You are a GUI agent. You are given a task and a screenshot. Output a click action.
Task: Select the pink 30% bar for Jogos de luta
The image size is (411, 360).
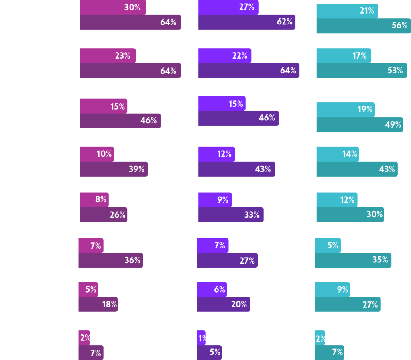click(113, 7)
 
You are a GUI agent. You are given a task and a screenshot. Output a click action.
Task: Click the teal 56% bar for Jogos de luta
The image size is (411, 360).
click(363, 26)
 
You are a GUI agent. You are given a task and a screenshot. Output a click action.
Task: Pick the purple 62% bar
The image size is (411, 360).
click(246, 22)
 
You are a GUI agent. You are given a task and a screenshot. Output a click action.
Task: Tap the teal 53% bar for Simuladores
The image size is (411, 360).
click(361, 71)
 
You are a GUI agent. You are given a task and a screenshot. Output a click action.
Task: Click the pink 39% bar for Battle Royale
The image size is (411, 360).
click(114, 169)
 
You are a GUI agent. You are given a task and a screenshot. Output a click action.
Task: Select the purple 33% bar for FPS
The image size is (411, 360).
click(230, 215)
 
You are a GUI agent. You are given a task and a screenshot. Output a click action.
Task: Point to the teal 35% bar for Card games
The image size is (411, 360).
click(353, 260)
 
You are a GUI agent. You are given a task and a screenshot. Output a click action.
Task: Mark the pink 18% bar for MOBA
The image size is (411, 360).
click(98, 305)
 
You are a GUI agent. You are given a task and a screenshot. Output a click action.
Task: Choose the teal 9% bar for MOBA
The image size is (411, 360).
click(332, 289)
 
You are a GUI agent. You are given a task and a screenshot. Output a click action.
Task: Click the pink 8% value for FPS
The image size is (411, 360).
click(101, 199)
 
